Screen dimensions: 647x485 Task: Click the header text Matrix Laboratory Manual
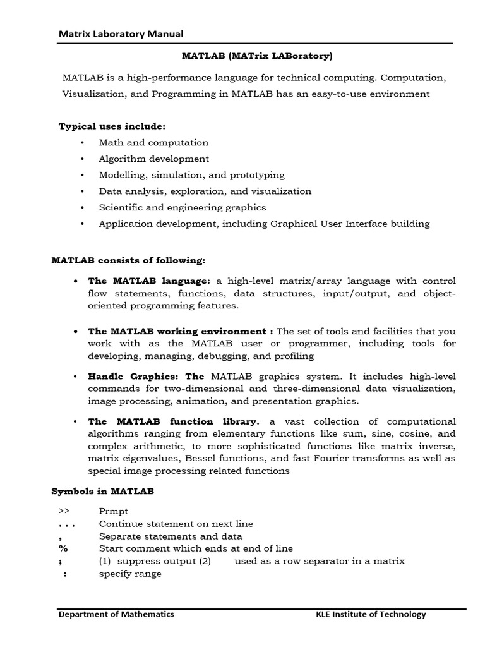[121, 34]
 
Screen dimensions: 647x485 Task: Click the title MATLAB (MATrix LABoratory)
[257, 56]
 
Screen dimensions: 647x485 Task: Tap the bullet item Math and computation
[153, 143]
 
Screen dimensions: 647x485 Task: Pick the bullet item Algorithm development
[153, 159]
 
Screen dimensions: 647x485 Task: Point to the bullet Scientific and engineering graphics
[183, 207]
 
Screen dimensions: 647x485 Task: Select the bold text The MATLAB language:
[149, 281]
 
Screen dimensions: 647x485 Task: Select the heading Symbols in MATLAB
[102, 491]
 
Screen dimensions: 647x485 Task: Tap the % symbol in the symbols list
[63, 548]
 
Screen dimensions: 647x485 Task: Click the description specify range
[130, 574]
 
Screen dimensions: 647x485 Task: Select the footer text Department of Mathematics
[116, 614]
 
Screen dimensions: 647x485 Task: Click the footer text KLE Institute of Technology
[371, 614]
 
